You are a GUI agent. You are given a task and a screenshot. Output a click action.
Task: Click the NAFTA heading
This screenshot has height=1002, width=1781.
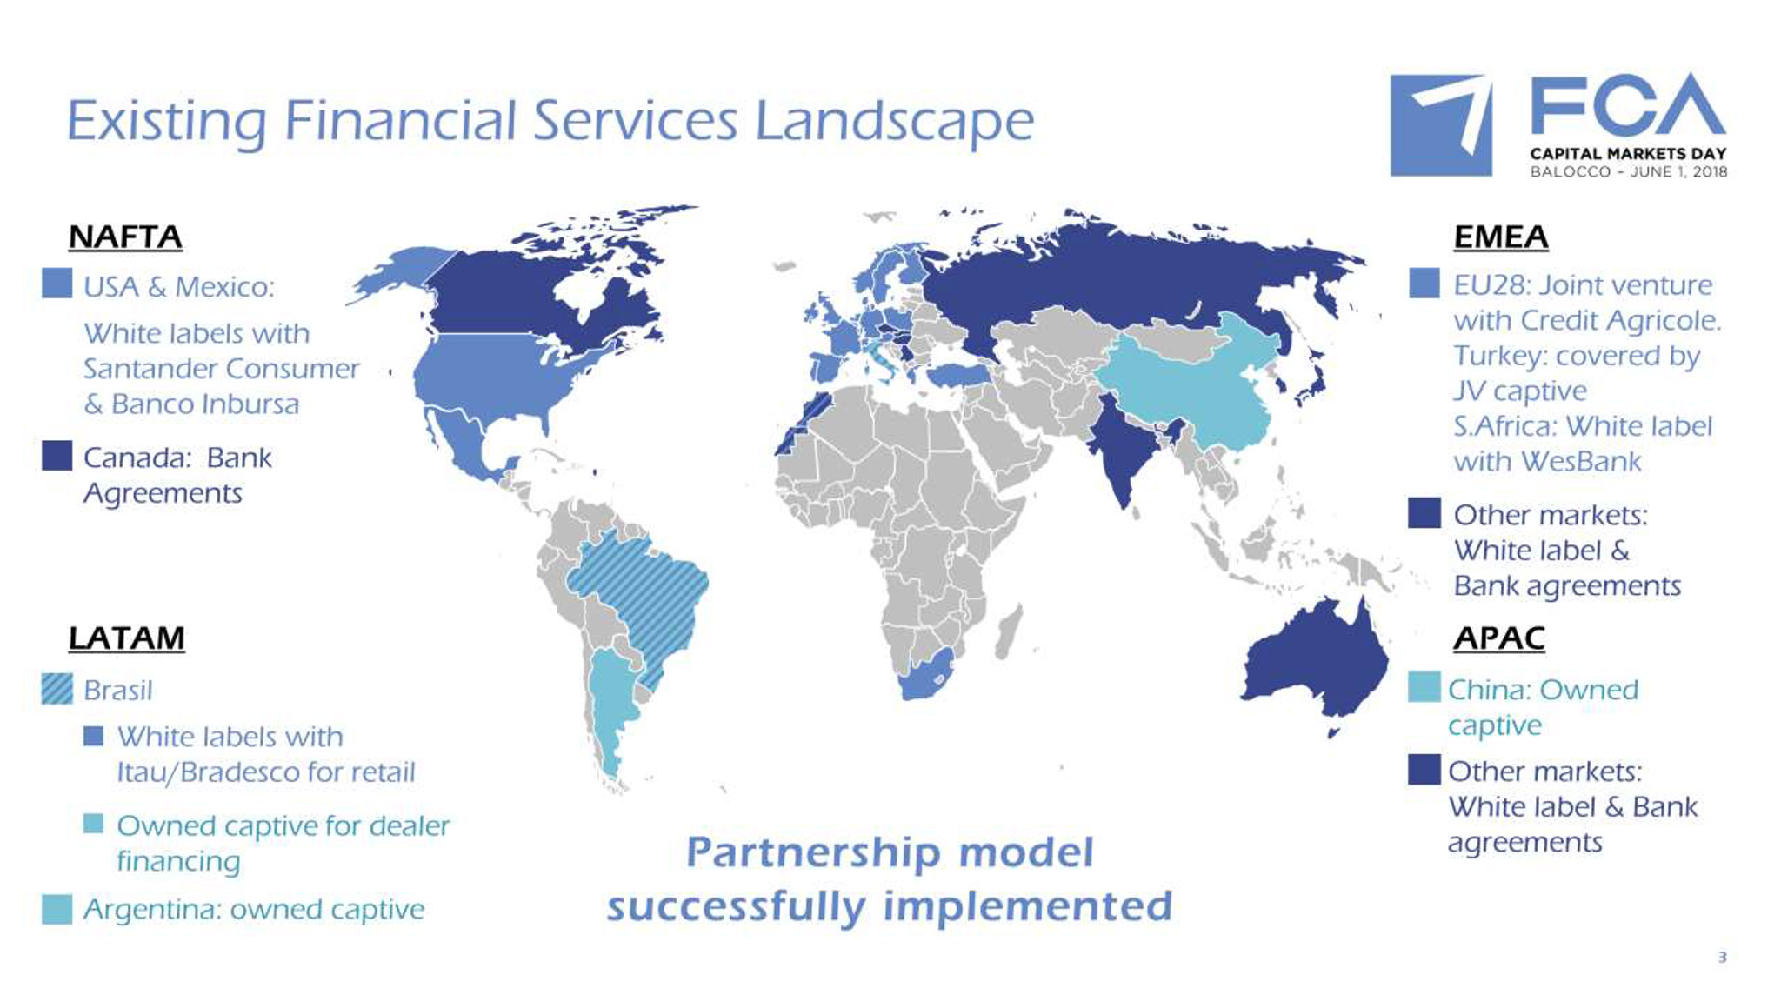coord(125,237)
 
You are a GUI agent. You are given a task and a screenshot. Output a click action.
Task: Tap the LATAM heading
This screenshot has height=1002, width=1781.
coord(126,638)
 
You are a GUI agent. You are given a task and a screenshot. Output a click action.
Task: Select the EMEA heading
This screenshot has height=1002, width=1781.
coord(1501,237)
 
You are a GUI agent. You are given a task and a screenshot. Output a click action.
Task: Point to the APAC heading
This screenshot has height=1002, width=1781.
coord(1499,638)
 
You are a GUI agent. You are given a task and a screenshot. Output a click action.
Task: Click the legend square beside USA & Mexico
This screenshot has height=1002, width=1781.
coord(57,284)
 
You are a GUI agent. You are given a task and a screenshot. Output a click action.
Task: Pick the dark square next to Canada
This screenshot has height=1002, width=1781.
coord(57,455)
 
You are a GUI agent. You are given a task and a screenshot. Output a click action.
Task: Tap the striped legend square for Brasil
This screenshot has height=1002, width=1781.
coord(57,689)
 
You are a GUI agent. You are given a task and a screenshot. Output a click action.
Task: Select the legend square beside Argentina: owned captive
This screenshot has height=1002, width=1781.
coord(57,909)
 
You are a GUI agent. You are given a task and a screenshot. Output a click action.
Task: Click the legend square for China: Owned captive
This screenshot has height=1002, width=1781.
coord(1424,687)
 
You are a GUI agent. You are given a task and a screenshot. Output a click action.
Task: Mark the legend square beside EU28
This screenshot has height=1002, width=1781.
coord(1424,283)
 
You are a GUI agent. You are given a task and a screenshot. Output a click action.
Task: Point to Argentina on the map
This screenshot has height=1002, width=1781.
coord(612,705)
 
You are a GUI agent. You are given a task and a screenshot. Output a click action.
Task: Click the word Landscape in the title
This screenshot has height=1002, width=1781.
coord(894,122)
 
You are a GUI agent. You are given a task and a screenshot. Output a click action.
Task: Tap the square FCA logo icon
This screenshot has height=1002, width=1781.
coord(1441,125)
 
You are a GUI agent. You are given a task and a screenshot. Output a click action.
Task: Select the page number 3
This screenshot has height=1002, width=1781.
coord(1722,958)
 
